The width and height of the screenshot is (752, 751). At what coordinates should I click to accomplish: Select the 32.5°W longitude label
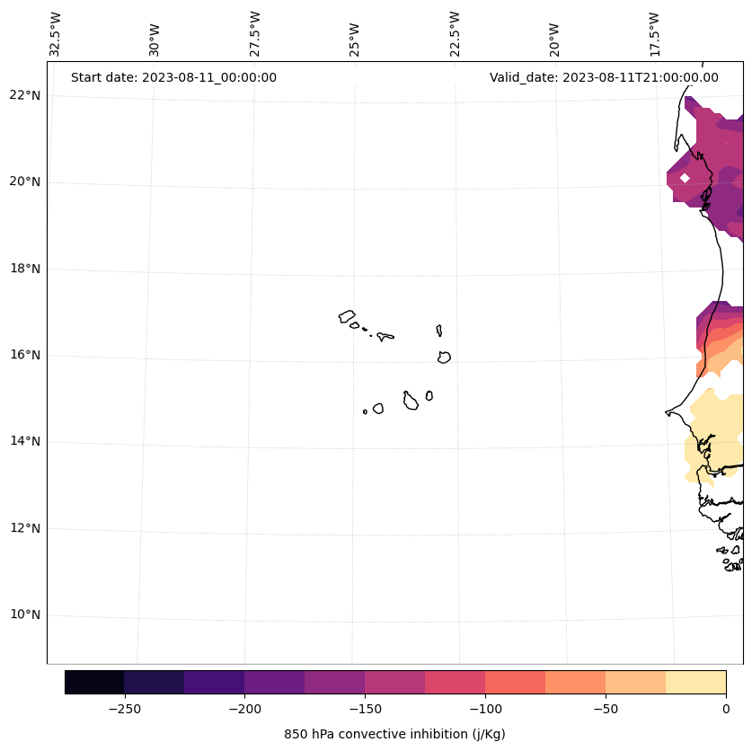point(56,34)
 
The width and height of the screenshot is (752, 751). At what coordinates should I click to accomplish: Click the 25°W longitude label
point(355,39)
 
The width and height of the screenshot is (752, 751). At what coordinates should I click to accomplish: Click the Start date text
point(173,77)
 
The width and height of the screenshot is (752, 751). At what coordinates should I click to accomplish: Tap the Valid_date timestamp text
point(604,77)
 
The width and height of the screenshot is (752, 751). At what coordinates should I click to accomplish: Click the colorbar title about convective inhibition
point(394,734)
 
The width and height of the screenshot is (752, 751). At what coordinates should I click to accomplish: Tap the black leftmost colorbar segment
point(94,682)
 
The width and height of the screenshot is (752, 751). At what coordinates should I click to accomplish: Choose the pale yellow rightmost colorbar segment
point(695,682)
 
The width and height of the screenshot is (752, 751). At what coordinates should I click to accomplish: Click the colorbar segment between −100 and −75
point(515,682)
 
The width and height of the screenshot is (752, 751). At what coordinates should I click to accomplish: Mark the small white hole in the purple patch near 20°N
point(685,178)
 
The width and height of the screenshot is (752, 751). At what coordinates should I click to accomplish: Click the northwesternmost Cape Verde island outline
point(347,316)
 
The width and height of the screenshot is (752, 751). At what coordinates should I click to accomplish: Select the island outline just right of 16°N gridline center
point(444,358)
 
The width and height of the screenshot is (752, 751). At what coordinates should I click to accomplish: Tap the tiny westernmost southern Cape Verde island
point(365,411)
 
